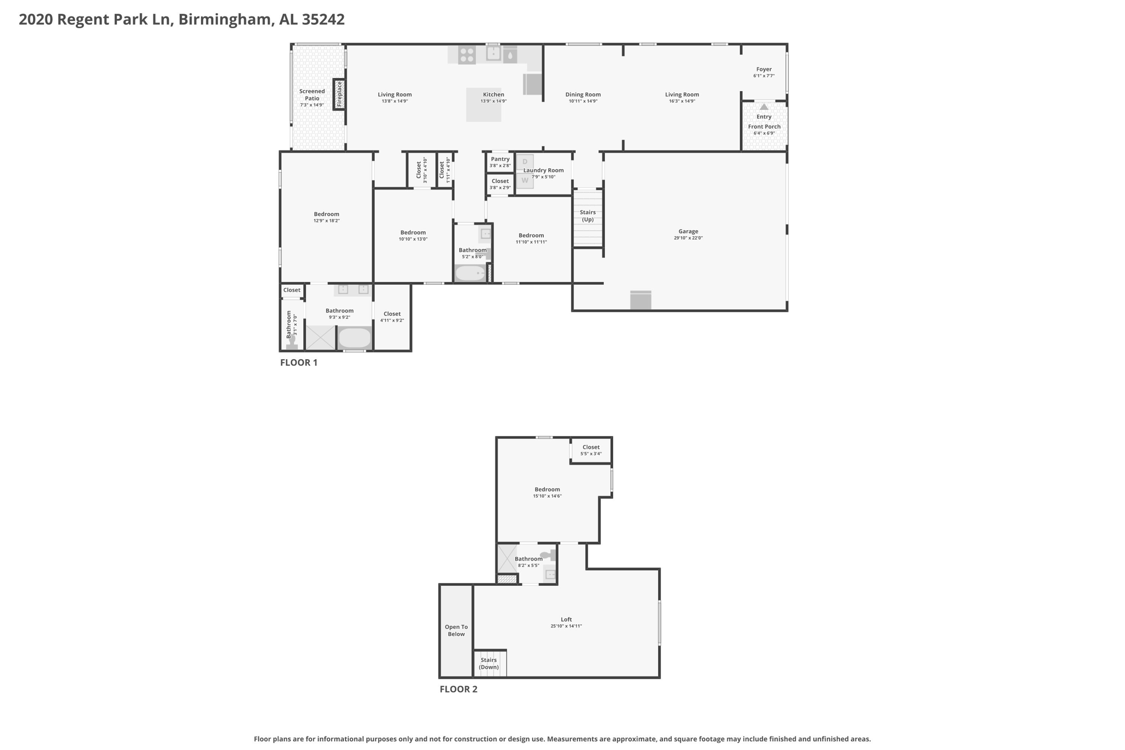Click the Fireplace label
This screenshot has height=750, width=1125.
point(339,94)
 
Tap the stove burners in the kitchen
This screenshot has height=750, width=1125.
point(467,55)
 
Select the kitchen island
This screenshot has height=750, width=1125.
point(484,104)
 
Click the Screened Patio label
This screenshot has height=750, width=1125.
point(312,95)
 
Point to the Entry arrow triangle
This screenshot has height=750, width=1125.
point(764,107)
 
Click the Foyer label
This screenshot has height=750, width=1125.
point(764,69)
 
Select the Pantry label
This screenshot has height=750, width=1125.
point(500,159)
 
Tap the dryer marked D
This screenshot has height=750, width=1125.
point(525,162)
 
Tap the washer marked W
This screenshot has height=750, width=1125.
point(525,180)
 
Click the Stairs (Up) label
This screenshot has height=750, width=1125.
point(588,216)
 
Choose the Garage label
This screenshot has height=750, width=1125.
point(688,231)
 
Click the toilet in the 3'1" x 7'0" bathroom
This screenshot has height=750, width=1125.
point(292,342)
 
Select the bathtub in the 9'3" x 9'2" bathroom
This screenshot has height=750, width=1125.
point(355,338)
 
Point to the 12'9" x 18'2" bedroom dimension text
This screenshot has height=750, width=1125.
point(327,221)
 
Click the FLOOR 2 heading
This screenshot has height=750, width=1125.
point(459,689)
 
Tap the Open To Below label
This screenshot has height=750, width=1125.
point(456,630)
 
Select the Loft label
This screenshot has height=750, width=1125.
point(566,619)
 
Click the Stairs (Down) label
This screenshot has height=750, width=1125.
point(489,664)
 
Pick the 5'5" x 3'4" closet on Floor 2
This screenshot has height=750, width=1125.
point(591,451)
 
